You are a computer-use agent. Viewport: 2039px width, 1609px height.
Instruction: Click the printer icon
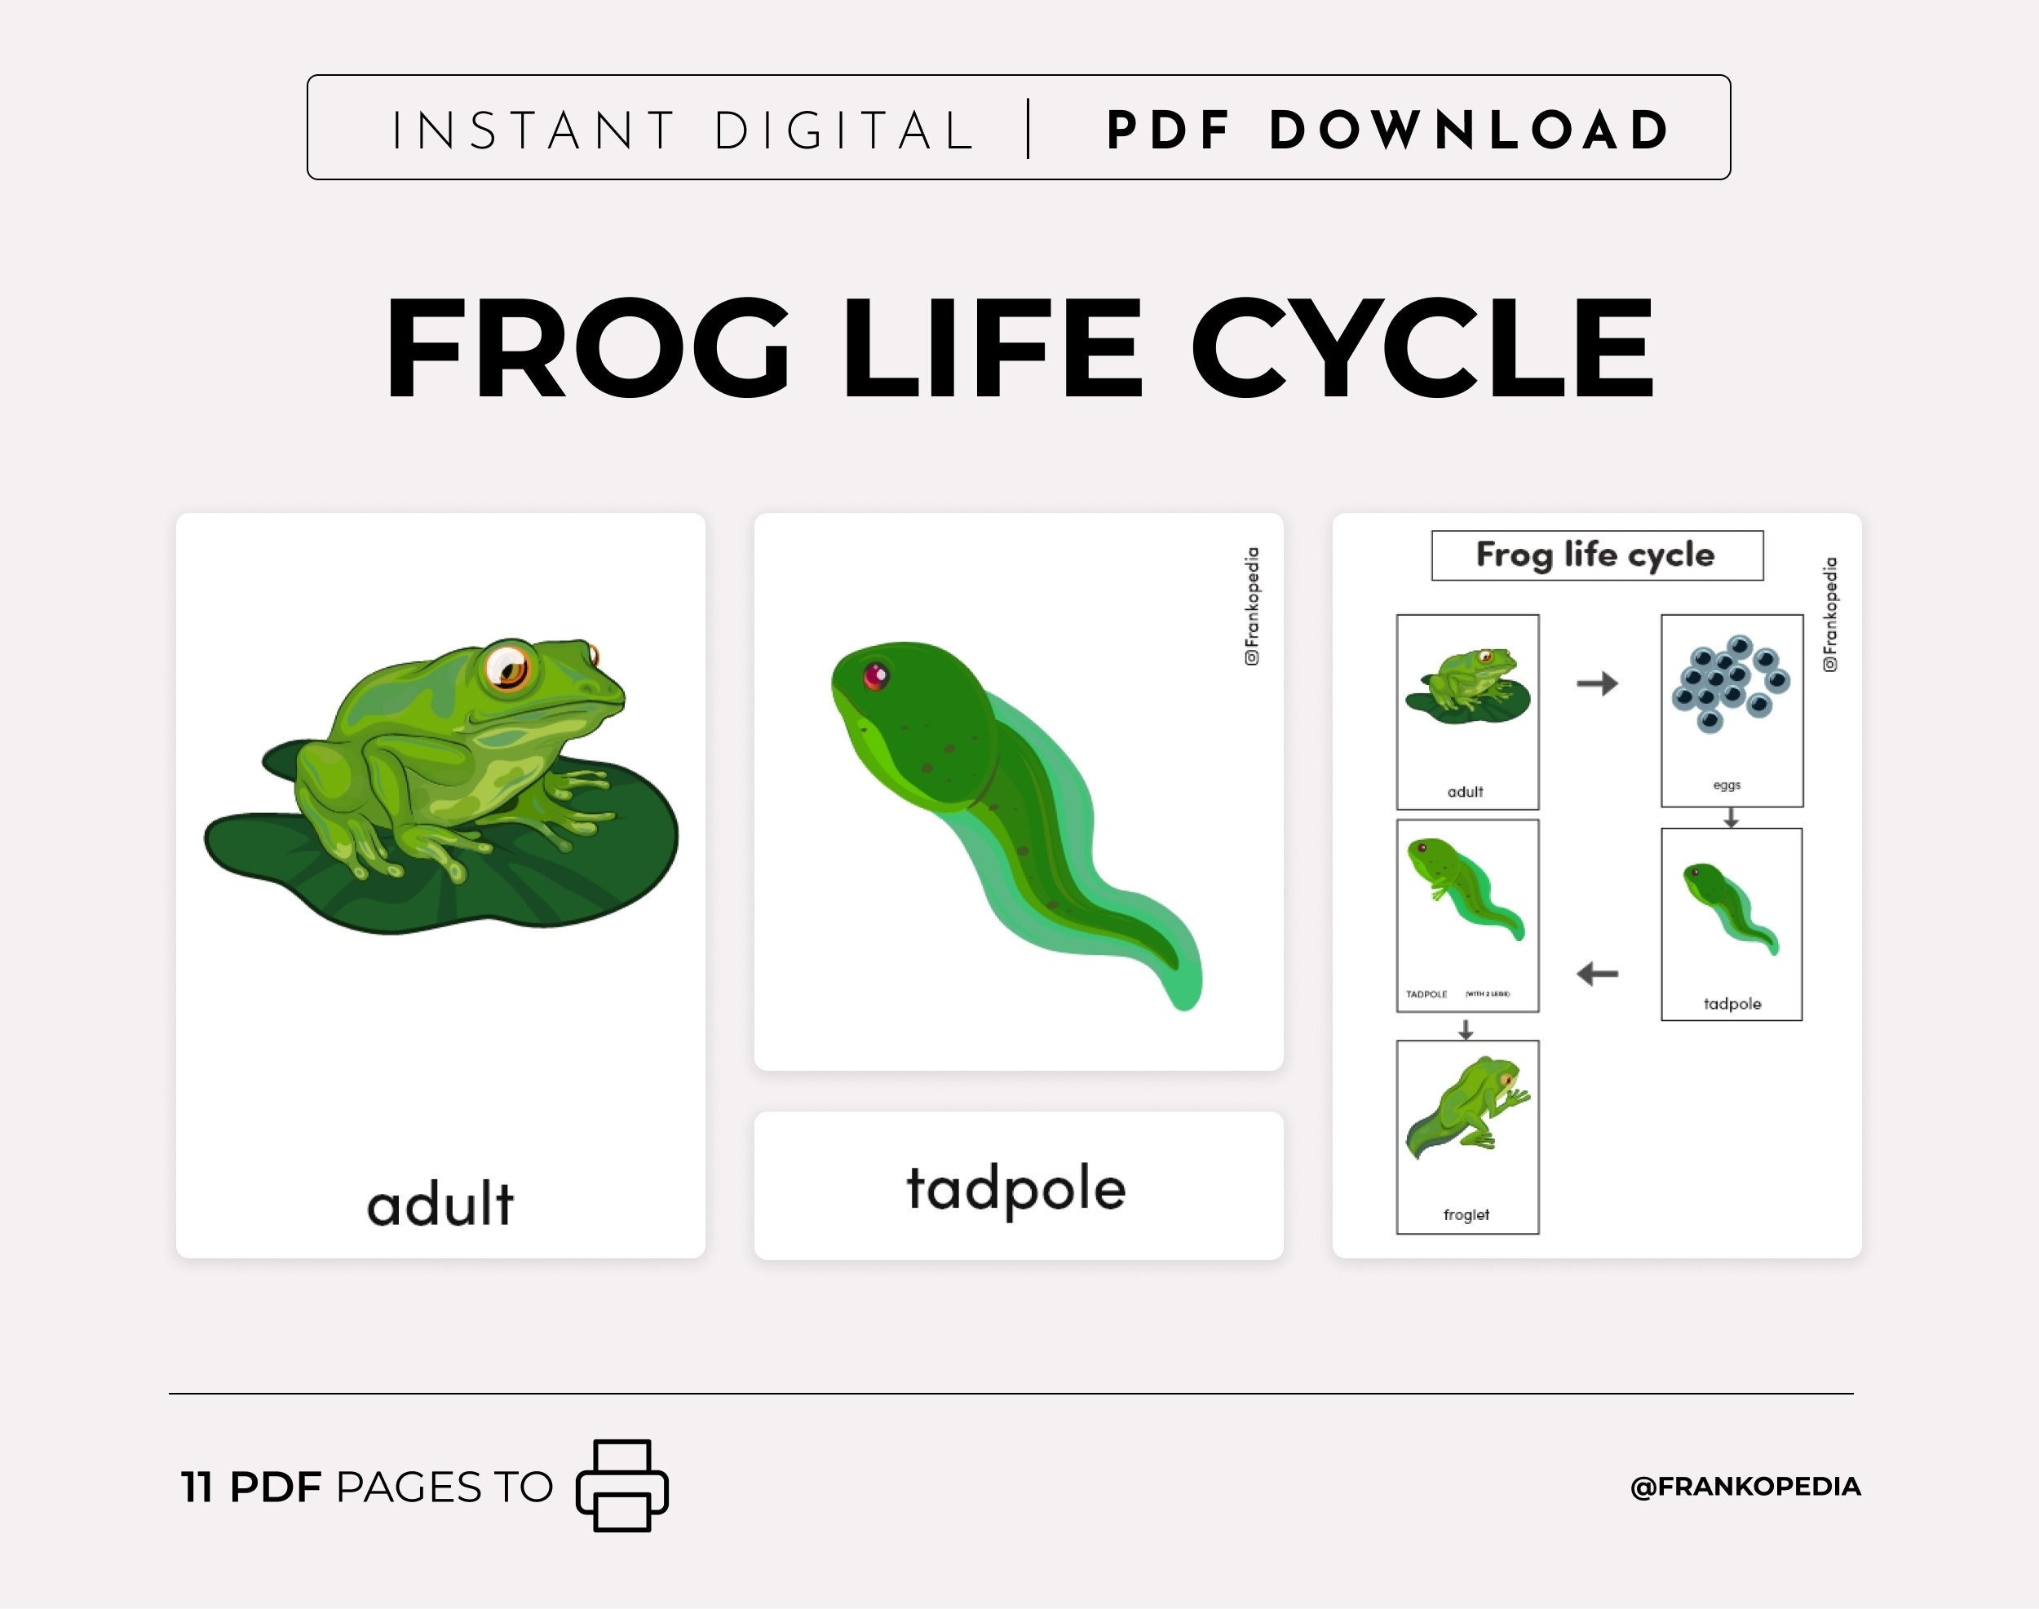tap(621, 1486)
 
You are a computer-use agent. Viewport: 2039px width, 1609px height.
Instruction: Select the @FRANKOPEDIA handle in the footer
tap(1745, 1487)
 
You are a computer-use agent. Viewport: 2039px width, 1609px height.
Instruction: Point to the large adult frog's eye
tap(509, 667)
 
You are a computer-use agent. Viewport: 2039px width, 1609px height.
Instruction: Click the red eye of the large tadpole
tap(875, 674)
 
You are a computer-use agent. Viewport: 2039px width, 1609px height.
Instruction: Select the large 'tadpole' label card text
tap(1015, 1188)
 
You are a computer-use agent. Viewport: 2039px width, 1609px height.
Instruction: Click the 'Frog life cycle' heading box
tap(1596, 555)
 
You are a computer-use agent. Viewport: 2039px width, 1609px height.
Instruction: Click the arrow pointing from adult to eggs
tap(1597, 683)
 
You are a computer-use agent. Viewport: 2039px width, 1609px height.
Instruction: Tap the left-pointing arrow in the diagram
tap(1597, 973)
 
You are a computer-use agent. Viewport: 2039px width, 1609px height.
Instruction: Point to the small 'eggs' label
tap(1726, 785)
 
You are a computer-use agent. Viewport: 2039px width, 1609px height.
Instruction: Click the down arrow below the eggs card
tap(1730, 819)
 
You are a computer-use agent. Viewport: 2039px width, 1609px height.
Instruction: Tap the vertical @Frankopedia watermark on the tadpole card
tap(1251, 606)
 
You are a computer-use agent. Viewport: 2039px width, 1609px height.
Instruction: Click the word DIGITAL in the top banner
tap(843, 130)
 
